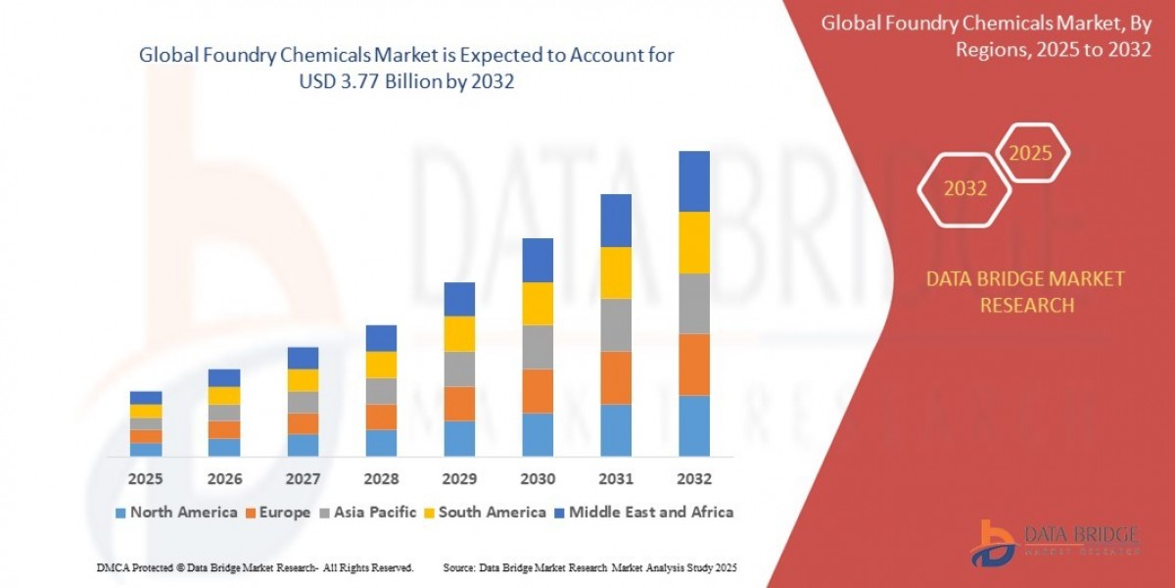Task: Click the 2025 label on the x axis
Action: click(146, 479)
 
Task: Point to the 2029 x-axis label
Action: click(459, 479)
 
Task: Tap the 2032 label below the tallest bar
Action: click(693, 479)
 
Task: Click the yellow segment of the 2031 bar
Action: click(616, 272)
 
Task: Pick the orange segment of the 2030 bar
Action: click(538, 391)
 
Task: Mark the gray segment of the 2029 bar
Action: click(459, 368)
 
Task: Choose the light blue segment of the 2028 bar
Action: click(381, 443)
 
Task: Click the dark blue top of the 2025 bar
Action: click(146, 398)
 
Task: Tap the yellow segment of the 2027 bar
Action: click(303, 380)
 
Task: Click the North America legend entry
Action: click(176, 512)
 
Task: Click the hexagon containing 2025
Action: click(1031, 154)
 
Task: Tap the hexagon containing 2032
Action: click(965, 189)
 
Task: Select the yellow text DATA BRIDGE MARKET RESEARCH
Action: click(1025, 292)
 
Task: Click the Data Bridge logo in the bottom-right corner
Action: click(1056, 542)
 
